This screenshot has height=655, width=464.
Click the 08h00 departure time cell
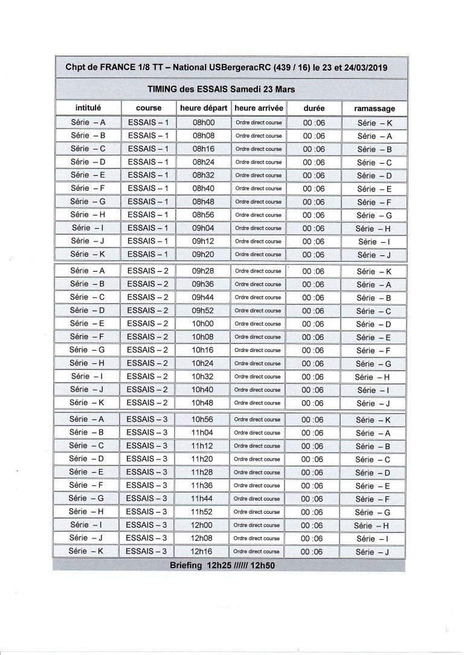[204, 123]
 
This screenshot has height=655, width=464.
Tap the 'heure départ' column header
[204, 108]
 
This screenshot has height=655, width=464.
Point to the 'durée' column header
[314, 108]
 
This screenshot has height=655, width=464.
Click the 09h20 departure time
[203, 254]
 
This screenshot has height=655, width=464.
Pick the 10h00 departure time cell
[203, 324]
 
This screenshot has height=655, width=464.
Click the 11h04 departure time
[202, 432]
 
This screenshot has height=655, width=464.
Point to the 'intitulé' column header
[88, 108]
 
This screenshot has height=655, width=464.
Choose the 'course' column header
[149, 108]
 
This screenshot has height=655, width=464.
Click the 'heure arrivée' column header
[259, 108]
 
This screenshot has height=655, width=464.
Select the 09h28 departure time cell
[203, 271]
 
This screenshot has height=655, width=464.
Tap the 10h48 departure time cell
[202, 403]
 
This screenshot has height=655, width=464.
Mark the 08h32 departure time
[204, 175]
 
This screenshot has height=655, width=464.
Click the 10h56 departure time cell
[202, 420]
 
